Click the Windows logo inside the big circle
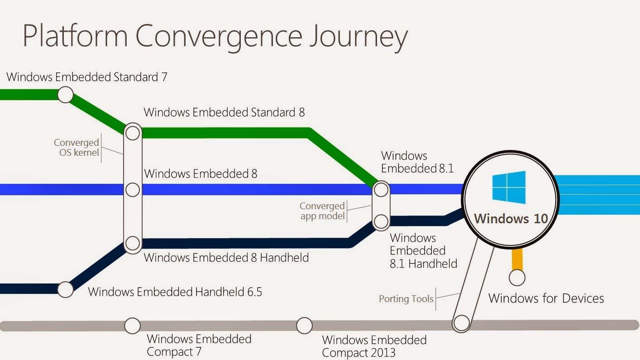(509, 187)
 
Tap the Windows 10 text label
(511, 219)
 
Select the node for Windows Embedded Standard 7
(65, 95)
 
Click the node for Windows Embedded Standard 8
(133, 133)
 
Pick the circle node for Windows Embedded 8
(133, 189)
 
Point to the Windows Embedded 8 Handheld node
(133, 243)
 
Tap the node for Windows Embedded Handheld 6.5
(65, 289)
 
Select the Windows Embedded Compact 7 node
(132, 325)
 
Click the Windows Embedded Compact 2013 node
(304, 325)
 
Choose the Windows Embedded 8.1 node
(381, 189)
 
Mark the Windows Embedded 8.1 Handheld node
(381, 221)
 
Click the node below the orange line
(517, 277)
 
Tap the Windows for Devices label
(546, 298)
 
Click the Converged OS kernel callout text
(76, 148)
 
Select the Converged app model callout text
(322, 211)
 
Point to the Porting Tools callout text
(406, 299)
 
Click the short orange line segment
(517, 259)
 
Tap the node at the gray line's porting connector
(462, 323)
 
